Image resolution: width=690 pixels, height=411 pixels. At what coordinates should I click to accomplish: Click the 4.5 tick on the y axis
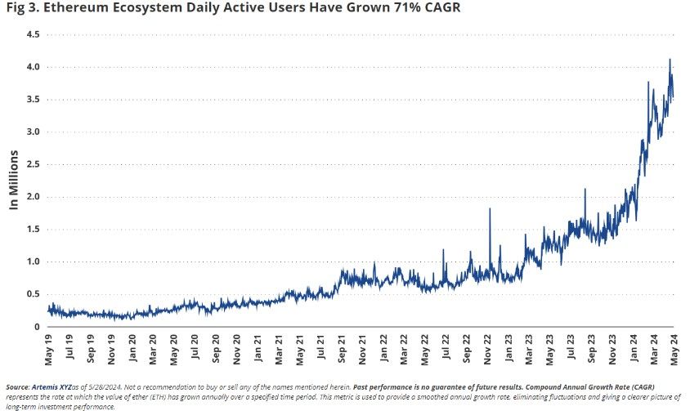pyautogui.click(x=32, y=34)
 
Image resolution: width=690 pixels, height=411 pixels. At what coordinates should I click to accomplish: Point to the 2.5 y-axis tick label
pyautogui.click(x=32, y=164)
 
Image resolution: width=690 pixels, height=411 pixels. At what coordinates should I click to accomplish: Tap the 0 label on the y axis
pyautogui.click(x=37, y=327)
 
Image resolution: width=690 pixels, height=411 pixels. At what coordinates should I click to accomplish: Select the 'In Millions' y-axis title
pyautogui.click(x=14, y=180)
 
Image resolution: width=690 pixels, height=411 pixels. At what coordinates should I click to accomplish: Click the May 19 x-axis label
pyautogui.click(x=48, y=350)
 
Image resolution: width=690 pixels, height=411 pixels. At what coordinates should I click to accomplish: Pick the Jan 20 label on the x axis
pyautogui.click(x=132, y=349)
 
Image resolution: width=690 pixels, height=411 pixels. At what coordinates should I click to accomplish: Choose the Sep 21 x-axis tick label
pyautogui.click(x=342, y=349)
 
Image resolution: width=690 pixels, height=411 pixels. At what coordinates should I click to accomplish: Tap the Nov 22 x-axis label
pyautogui.click(x=487, y=350)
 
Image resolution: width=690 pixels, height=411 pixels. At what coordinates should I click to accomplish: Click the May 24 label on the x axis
pyautogui.click(x=674, y=349)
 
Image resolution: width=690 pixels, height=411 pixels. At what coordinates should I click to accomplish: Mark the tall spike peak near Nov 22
pyautogui.click(x=490, y=208)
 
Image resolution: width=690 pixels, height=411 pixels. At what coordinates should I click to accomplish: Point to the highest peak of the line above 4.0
pyautogui.click(x=670, y=60)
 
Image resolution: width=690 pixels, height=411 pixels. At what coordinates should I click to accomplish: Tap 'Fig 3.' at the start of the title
pyautogui.click(x=22, y=7)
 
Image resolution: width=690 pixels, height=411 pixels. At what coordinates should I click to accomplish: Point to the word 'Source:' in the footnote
pyautogui.click(x=18, y=387)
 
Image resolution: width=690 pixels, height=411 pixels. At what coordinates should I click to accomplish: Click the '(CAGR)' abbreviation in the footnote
pyautogui.click(x=643, y=387)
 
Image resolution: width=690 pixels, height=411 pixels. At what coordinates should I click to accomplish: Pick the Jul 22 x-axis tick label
pyautogui.click(x=446, y=347)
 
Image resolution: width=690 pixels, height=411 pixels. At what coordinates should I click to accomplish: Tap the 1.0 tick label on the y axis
pyautogui.click(x=32, y=261)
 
